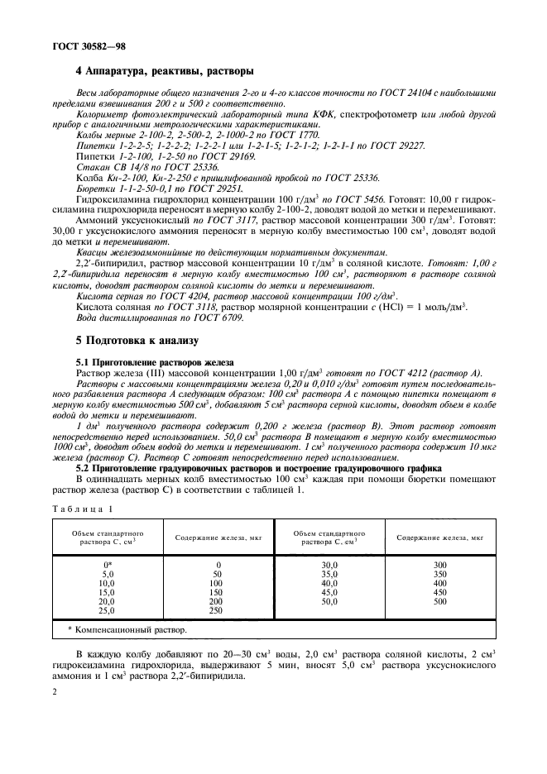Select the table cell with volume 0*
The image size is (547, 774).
(x=107, y=564)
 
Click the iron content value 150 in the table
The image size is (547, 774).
(x=218, y=591)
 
